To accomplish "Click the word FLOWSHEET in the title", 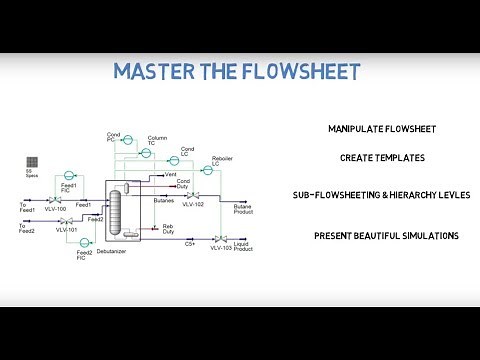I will pyautogui.click(x=297, y=72).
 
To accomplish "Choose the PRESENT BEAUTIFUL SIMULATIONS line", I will pyautogui.click(x=385, y=236).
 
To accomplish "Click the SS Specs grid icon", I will pyautogui.click(x=33, y=161).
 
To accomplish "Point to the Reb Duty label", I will pyautogui.click(x=169, y=231).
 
